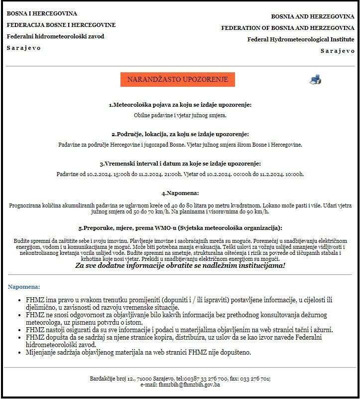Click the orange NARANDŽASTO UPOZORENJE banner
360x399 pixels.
tap(177, 79)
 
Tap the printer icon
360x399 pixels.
tap(315, 79)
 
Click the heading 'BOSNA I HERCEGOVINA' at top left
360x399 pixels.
tap(42, 13)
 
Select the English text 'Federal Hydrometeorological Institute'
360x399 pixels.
tap(301, 39)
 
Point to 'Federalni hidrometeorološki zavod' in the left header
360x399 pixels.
tap(55, 36)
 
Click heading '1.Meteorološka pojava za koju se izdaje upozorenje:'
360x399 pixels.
tap(180, 105)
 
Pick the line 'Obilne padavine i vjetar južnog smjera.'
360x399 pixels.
tap(180, 115)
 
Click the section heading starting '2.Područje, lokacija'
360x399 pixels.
tap(180, 134)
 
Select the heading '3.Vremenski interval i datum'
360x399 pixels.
tap(180, 164)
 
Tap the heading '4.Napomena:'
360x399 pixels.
tap(180, 193)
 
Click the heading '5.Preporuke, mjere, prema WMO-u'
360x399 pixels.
tap(180, 228)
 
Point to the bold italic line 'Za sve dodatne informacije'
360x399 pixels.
tap(180, 265)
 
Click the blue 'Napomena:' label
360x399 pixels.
tap(24, 287)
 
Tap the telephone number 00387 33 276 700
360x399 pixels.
tap(208, 379)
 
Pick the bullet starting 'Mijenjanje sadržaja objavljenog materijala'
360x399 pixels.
tap(138, 352)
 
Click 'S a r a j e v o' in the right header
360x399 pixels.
tap(337, 51)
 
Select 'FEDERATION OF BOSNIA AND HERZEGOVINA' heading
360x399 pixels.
tap(288, 28)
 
